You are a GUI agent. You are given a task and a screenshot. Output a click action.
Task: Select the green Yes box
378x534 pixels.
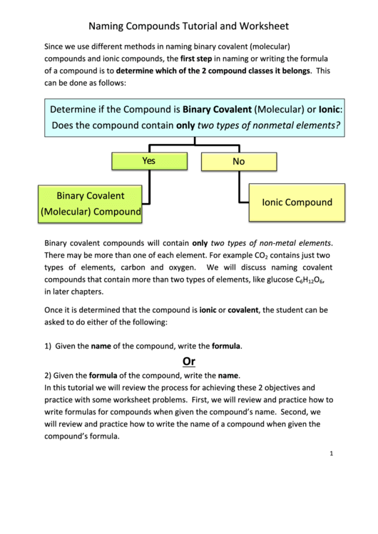(x=148, y=161)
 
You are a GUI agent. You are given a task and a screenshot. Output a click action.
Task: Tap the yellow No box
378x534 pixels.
(x=238, y=162)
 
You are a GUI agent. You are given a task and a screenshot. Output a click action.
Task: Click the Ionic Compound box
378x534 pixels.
(x=297, y=202)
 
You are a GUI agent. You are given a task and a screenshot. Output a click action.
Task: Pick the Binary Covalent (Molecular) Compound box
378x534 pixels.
(x=91, y=203)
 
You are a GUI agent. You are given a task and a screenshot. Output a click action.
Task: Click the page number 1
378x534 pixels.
(x=332, y=453)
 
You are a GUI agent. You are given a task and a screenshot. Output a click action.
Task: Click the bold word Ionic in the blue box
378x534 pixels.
(x=330, y=110)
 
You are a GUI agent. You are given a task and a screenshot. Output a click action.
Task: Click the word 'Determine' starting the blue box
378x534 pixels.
(x=76, y=110)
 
